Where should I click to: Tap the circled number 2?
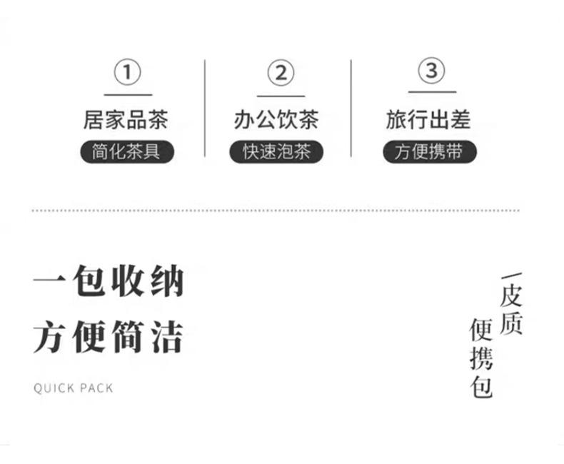pos(281,73)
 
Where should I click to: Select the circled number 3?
pos(431,71)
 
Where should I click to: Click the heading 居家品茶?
pos(126,119)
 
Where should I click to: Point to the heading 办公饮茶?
pos(276,119)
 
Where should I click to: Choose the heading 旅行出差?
pos(429,119)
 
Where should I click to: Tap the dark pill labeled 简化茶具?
pos(126,152)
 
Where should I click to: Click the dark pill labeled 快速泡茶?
pos(276,152)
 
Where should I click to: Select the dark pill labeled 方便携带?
pos(429,152)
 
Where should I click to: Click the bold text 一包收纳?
pos(109,282)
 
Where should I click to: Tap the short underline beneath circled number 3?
pos(431,92)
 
